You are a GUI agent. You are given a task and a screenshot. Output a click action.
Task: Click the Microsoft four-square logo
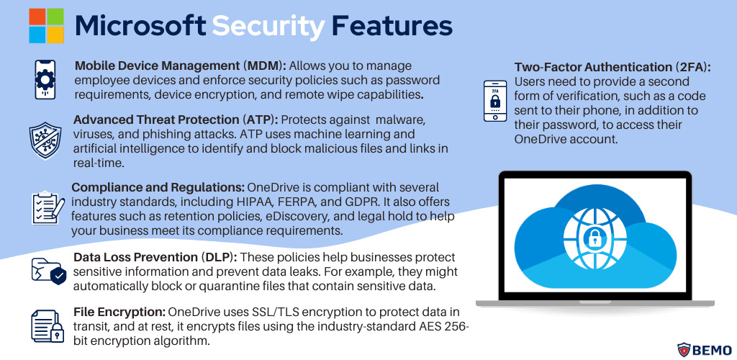tap(46, 25)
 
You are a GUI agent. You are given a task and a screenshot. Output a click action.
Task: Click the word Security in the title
tap(268, 26)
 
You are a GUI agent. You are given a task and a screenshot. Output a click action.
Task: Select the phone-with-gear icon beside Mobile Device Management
tap(45, 79)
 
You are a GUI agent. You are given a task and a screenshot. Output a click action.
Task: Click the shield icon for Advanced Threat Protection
tap(45, 140)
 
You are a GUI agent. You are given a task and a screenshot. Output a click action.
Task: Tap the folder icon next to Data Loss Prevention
tap(48, 271)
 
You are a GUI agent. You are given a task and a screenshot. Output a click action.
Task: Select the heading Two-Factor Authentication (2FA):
tap(612, 67)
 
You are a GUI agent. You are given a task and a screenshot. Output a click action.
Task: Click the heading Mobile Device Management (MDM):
tap(181, 66)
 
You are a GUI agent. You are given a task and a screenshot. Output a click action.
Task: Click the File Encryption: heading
tap(119, 312)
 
